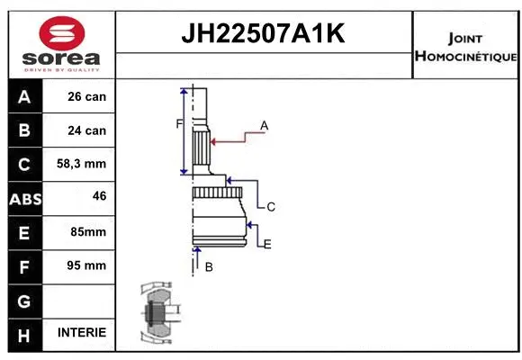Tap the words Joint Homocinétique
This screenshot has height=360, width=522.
click(464, 48)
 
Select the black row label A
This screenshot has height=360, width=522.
click(25, 96)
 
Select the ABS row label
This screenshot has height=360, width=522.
click(25, 198)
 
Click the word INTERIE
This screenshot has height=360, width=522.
click(81, 332)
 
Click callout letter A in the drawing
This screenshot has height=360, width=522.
click(265, 125)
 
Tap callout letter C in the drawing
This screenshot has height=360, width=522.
click(270, 207)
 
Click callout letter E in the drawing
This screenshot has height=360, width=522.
click(267, 244)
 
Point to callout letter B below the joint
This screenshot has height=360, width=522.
click(208, 267)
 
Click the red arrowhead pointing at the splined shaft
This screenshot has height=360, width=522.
click(213, 140)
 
